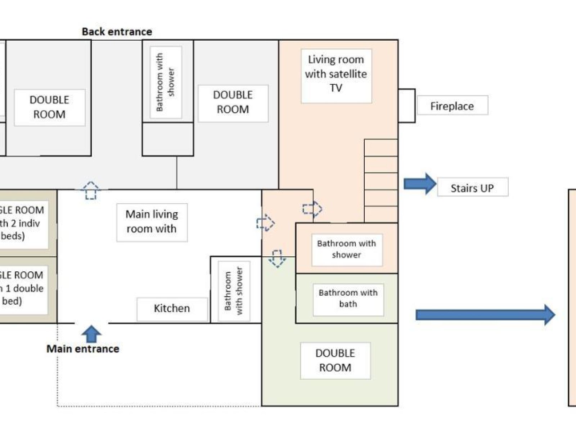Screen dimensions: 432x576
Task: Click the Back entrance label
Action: (117, 32)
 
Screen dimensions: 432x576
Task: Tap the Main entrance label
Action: (83, 348)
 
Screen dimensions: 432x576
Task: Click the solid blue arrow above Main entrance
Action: (91, 334)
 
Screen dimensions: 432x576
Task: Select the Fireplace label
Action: (452, 106)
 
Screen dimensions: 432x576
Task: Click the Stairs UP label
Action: (472, 188)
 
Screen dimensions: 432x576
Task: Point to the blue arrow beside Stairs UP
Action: (420, 184)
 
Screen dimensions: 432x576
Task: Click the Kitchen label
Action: (172, 309)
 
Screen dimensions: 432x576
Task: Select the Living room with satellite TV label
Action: (336, 74)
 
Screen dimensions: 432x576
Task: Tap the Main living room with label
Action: (152, 222)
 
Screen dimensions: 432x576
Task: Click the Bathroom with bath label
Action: (348, 298)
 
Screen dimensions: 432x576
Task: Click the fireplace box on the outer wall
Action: (407, 105)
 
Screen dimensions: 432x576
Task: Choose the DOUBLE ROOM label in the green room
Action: (335, 360)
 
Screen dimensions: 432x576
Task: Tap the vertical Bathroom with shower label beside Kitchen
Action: (233, 291)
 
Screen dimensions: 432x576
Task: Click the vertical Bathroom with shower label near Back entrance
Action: (165, 82)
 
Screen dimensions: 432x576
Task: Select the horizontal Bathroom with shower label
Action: (346, 249)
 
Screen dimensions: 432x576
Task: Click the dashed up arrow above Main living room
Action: (90, 190)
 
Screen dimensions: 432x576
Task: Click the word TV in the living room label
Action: (336, 88)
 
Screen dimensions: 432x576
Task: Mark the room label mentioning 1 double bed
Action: (22, 288)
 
